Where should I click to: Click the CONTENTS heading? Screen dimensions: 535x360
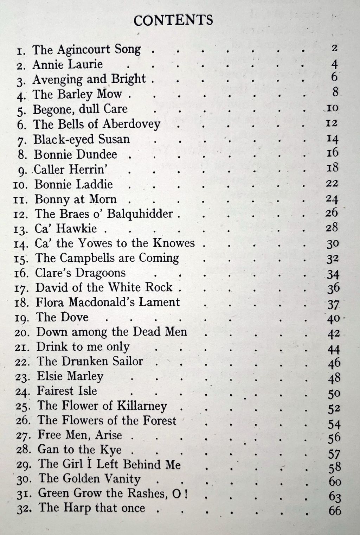click(x=173, y=20)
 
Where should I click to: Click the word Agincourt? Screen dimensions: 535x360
click(x=83, y=50)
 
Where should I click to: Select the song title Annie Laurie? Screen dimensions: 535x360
click(x=67, y=64)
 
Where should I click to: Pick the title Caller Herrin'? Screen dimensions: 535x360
click(x=70, y=170)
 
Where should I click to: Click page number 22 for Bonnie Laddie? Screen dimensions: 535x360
click(x=332, y=183)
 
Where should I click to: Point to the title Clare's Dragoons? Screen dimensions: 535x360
click(x=80, y=273)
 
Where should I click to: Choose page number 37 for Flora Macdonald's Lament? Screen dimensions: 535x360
click(x=333, y=304)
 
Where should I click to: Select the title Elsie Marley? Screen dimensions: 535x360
click(x=70, y=376)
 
